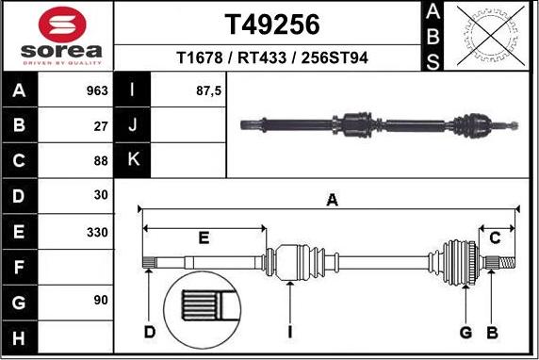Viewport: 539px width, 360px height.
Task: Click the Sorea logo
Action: (x=57, y=36)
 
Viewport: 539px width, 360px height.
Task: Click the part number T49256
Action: (x=271, y=23)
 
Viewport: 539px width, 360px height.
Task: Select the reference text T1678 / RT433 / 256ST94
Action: (x=271, y=58)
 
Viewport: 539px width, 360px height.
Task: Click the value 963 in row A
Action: (x=95, y=91)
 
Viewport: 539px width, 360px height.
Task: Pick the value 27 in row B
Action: (x=101, y=125)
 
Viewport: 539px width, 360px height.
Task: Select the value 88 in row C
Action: (x=101, y=160)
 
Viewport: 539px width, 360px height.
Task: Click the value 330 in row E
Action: (x=97, y=231)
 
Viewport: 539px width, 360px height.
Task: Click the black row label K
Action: (x=132, y=160)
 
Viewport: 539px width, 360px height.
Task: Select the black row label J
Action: (x=132, y=125)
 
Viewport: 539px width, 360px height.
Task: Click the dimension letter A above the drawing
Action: (x=331, y=199)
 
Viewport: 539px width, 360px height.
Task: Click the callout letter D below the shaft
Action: (x=150, y=332)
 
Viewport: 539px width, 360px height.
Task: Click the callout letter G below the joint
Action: (x=465, y=332)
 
